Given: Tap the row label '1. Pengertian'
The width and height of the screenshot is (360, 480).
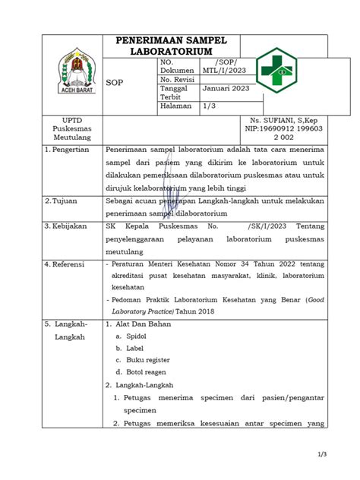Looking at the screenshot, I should click(x=67, y=150).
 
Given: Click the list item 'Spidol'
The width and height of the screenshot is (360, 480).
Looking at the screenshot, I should click(x=137, y=336).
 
